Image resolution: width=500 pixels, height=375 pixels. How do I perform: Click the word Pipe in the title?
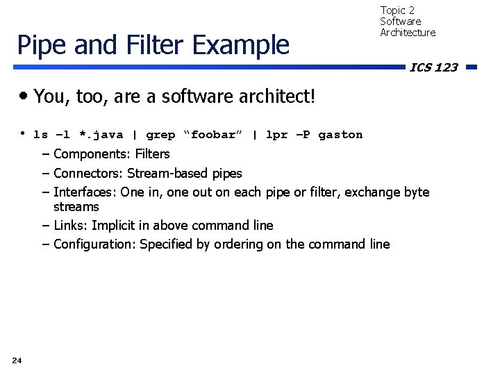(40, 45)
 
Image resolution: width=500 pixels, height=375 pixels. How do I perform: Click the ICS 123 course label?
(433, 67)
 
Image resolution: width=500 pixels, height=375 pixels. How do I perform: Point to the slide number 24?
(17, 360)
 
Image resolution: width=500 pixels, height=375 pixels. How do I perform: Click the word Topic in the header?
(393, 10)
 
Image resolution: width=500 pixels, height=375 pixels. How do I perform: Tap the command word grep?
(160, 135)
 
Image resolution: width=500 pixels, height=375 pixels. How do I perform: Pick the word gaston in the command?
(340, 135)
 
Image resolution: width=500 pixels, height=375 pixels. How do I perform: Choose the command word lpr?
(276, 135)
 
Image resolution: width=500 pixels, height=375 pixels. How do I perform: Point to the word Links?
(70, 225)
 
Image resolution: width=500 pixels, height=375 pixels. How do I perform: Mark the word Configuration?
(94, 244)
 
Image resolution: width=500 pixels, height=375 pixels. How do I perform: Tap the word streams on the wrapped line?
(76, 207)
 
